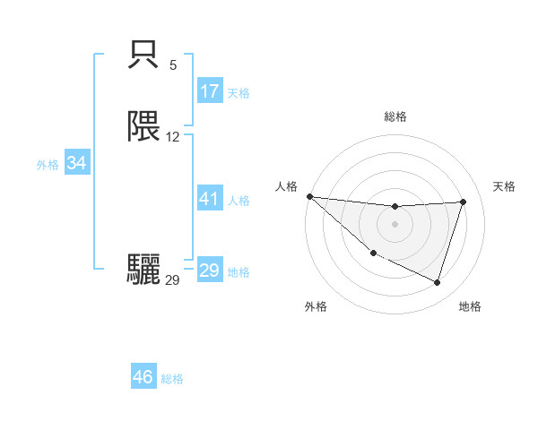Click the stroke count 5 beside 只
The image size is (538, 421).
[x=173, y=65]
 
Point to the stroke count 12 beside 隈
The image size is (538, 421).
[x=173, y=137]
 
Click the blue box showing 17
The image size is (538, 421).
[x=210, y=91]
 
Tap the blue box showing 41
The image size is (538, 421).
[x=210, y=200]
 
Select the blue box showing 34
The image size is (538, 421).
[x=77, y=164]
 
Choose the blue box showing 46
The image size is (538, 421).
[x=143, y=377]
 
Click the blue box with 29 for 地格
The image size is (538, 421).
[x=210, y=271]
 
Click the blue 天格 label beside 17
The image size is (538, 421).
[x=239, y=93]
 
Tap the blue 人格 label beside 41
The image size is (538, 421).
[x=239, y=201]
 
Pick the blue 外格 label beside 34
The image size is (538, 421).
[x=48, y=165]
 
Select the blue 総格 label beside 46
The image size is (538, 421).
[x=172, y=379]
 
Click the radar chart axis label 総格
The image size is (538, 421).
[x=395, y=116]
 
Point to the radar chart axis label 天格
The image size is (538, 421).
[x=505, y=186]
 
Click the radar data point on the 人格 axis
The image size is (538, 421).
[x=309, y=196]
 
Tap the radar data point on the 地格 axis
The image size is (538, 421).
[x=437, y=283]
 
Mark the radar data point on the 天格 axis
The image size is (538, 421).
[x=463, y=202]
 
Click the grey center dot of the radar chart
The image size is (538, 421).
[x=395, y=224]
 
